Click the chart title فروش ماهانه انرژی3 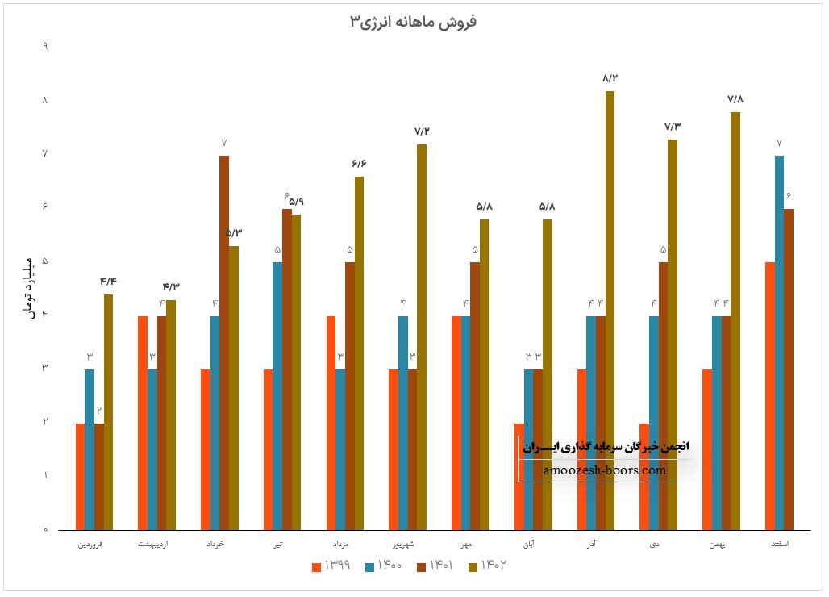pyautogui.click(x=413, y=22)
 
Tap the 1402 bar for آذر pyautogui.click(x=610, y=311)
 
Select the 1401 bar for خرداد pyautogui.click(x=224, y=343)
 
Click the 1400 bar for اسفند pyautogui.click(x=779, y=343)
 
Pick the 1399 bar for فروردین pyautogui.click(x=80, y=477)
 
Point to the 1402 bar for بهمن pyautogui.click(x=735, y=321)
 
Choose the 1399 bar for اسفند pyautogui.click(x=769, y=396)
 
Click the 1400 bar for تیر pyautogui.click(x=277, y=396)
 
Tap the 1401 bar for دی pyautogui.click(x=663, y=396)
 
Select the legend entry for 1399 pyautogui.click(x=331, y=566)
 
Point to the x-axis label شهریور pyautogui.click(x=407, y=545)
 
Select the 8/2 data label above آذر pyautogui.click(x=610, y=78)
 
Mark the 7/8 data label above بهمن pyautogui.click(x=735, y=99)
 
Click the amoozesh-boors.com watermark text pyautogui.click(x=606, y=470)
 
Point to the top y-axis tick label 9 pyautogui.click(x=45, y=47)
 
